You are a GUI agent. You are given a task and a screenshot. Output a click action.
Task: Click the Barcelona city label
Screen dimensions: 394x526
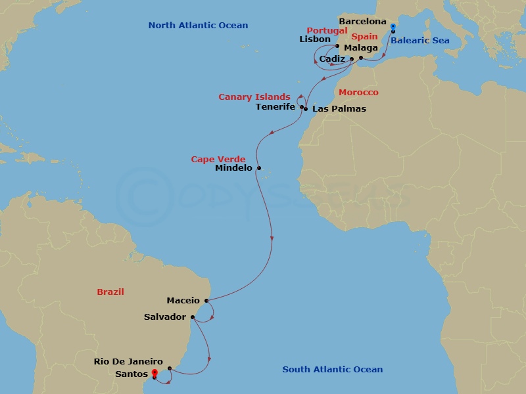(363, 22)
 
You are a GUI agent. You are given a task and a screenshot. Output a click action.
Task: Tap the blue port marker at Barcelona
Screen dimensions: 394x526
(393, 27)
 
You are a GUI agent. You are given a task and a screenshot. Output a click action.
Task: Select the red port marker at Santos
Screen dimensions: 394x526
(155, 373)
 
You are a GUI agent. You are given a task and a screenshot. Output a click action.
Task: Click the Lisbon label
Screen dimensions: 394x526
(315, 39)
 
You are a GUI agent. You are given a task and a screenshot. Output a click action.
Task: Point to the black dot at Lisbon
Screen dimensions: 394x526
(337, 46)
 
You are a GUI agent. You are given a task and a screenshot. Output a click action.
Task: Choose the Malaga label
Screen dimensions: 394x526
(361, 48)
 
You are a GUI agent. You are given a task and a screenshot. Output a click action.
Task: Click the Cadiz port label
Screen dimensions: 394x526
(333, 59)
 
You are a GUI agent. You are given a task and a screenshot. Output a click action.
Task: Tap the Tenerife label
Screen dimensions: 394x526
(275, 107)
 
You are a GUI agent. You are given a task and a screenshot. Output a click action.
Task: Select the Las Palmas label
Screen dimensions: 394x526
(339, 108)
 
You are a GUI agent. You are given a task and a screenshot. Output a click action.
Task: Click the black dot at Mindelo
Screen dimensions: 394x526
(259, 167)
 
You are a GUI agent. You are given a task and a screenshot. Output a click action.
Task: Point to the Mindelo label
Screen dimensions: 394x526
(234, 168)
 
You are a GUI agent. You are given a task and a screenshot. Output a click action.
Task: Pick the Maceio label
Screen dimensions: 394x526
(183, 301)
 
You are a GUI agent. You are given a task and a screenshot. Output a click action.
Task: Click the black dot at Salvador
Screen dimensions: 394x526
(192, 317)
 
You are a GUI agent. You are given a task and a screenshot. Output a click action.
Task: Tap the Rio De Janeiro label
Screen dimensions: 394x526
(128, 361)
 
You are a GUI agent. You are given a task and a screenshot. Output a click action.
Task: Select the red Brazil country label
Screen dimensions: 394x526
(110, 292)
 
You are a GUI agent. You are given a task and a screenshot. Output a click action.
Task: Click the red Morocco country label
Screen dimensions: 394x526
(358, 93)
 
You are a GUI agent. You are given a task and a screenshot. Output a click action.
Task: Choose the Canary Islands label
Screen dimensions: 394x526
(254, 97)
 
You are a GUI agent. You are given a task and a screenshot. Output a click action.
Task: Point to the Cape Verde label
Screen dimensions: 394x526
(218, 159)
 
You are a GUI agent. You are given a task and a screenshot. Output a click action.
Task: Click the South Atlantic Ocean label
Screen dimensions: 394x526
(333, 370)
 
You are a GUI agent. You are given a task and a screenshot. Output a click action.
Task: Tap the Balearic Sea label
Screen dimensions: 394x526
(420, 41)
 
